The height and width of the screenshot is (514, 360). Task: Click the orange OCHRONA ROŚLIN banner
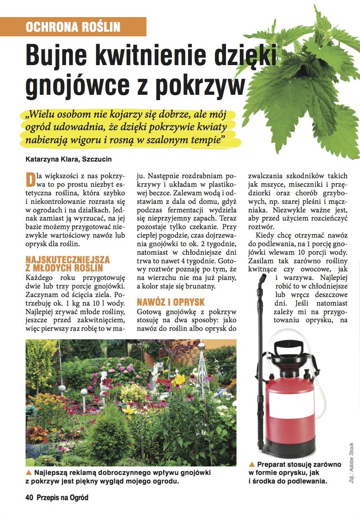pyautogui.click(x=73, y=27)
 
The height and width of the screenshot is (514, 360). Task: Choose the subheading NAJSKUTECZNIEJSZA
pyautogui.click(x=68, y=259)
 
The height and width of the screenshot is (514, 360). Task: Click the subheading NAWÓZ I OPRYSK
pyautogui.click(x=171, y=302)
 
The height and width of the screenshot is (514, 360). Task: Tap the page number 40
pyautogui.click(x=29, y=497)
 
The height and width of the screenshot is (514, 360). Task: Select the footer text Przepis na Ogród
pyautogui.click(x=62, y=497)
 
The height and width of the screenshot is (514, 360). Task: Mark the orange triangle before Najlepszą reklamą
pyautogui.click(x=29, y=473)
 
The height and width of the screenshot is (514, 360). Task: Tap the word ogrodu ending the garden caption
pyautogui.click(x=165, y=481)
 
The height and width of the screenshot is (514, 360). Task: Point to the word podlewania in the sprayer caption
pyautogui.click(x=308, y=481)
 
